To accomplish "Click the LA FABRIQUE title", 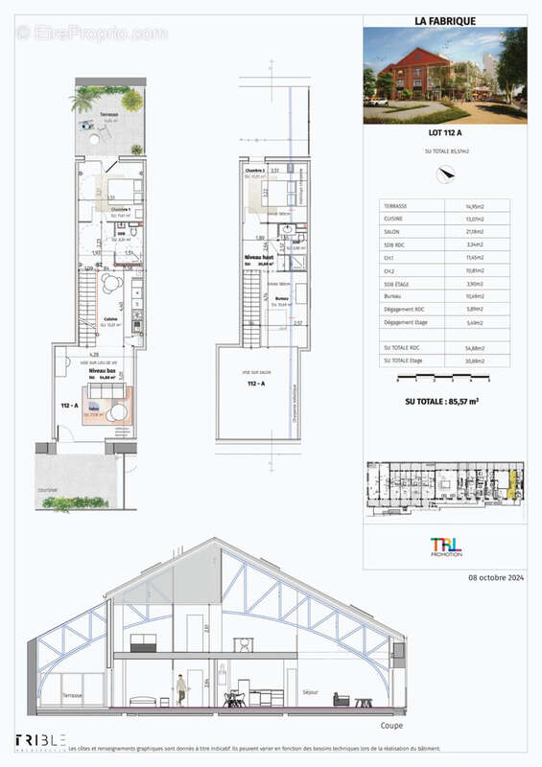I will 445,18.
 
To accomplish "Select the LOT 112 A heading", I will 445,135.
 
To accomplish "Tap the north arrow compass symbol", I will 445,174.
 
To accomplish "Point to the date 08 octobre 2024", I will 497,579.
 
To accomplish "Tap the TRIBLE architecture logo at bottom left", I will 40,741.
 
